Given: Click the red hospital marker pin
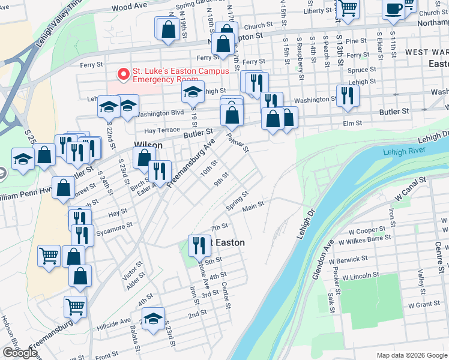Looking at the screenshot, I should (x=124, y=74).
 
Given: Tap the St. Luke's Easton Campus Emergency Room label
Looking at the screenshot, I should (x=173, y=75).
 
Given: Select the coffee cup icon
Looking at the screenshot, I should (x=394, y=9).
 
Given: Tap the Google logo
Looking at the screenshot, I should (x=20, y=353).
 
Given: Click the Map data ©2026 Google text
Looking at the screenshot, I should (x=412, y=355).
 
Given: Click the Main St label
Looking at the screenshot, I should (x=253, y=208).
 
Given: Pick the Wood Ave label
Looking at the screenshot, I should (x=129, y=6).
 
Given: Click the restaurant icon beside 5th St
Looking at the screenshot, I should (x=197, y=244).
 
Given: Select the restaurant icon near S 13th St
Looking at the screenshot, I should (x=348, y=95).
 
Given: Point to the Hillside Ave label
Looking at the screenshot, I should (x=113, y=325).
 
